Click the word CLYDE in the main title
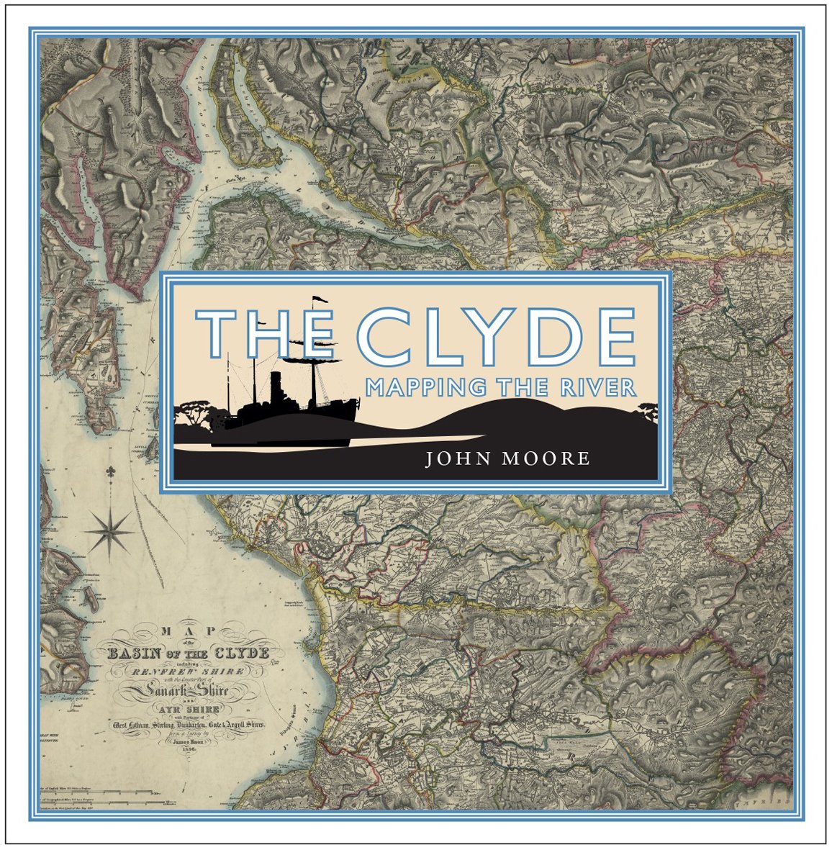tap(496, 337)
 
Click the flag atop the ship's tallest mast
tap(317, 299)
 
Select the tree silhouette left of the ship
tap(196, 413)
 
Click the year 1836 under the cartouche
tap(187, 749)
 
